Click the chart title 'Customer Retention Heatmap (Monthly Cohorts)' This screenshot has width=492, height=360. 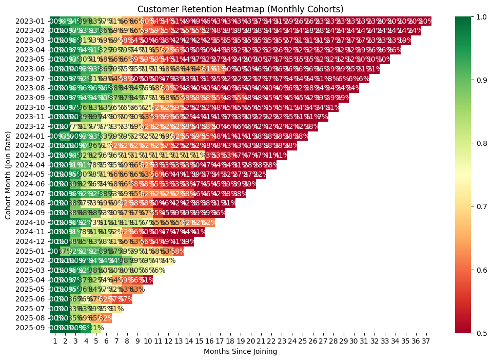241,9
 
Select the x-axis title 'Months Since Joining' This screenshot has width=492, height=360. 241,351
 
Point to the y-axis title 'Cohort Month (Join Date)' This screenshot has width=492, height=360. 8,174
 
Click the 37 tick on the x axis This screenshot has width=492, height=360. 426,341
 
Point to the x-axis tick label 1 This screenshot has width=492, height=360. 54,341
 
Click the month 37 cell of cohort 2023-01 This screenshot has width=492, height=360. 426,21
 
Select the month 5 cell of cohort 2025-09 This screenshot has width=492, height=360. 96,328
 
